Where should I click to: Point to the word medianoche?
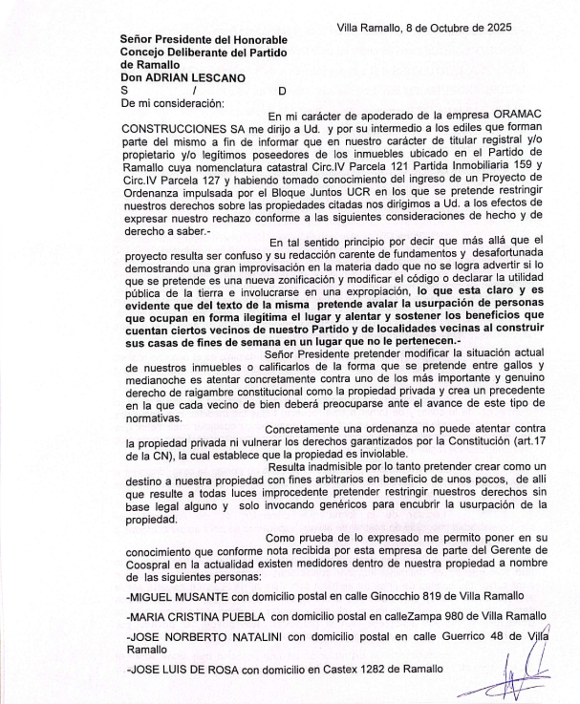[161, 380]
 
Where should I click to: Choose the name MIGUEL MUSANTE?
[170, 596]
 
